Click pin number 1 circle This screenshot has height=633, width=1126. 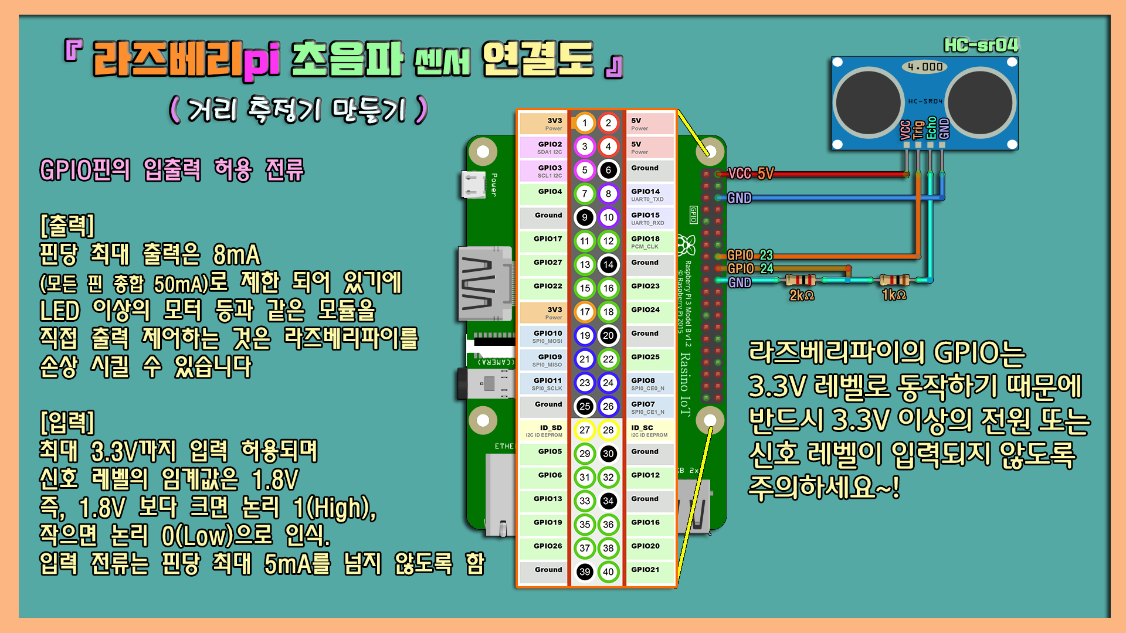point(584,123)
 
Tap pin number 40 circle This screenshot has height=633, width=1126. point(608,572)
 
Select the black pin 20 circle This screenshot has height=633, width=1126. point(608,336)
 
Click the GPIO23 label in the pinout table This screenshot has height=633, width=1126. point(645,286)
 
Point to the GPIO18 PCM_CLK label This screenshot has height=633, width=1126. point(645,241)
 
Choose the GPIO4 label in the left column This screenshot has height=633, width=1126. point(550,192)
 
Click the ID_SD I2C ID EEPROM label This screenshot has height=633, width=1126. point(544,431)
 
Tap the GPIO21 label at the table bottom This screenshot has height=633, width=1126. point(645,570)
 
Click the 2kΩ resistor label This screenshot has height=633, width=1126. point(801,295)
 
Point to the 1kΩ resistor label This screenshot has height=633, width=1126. point(894,295)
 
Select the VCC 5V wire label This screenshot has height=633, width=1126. point(751,173)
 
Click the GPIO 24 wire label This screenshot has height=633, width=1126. point(750,268)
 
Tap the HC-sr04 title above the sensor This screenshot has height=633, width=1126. point(981,45)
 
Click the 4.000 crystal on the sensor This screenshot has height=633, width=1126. point(925,67)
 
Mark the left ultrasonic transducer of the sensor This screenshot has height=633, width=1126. point(869,102)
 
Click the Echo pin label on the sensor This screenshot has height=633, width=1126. point(931,128)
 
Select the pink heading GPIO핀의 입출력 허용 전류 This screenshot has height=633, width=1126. point(172,170)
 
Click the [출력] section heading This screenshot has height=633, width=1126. point(67,225)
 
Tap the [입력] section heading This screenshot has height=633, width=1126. point(67,422)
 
